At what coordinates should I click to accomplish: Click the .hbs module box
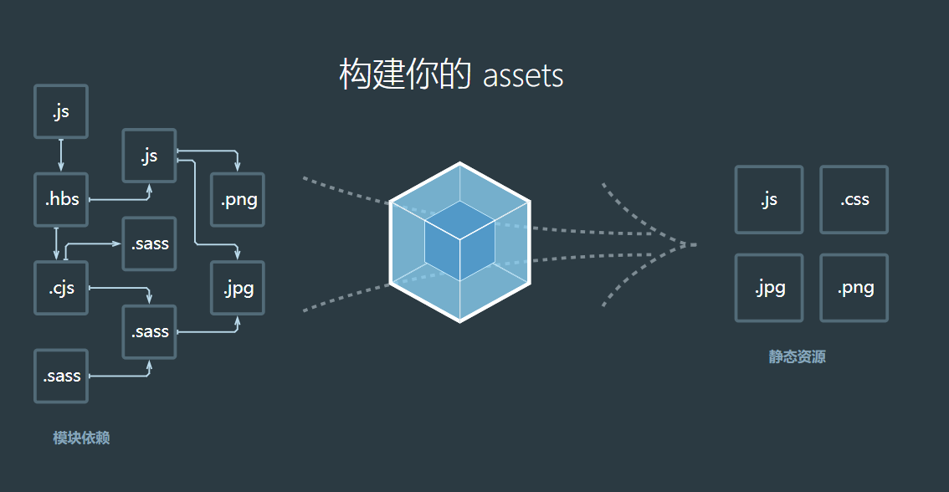(x=61, y=200)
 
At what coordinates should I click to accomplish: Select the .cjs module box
(x=61, y=288)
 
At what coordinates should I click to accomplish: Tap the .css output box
(x=854, y=200)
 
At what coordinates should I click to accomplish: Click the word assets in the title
(x=523, y=76)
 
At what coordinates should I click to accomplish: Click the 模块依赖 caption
(x=81, y=438)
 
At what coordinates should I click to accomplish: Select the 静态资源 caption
(x=798, y=357)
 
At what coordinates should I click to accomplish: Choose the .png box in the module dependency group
(x=239, y=200)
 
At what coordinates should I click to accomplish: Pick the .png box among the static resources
(x=854, y=288)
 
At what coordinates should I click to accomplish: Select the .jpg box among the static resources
(x=769, y=288)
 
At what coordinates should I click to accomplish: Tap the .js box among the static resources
(x=769, y=200)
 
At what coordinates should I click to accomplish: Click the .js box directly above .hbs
(x=61, y=111)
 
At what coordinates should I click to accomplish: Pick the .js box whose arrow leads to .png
(x=149, y=156)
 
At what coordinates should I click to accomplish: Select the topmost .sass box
(x=149, y=243)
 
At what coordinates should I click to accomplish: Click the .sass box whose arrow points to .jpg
(x=149, y=332)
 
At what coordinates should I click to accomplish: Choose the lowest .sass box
(x=61, y=376)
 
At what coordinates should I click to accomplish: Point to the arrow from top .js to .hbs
(x=61, y=156)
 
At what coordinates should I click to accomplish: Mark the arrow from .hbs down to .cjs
(x=56, y=243)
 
